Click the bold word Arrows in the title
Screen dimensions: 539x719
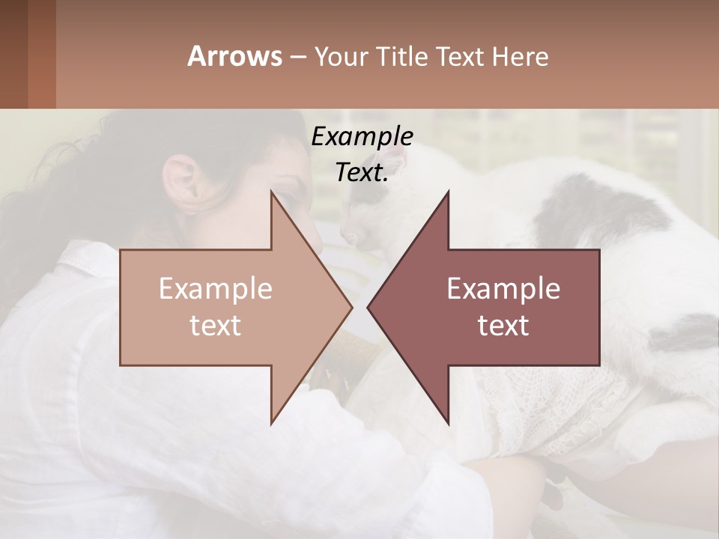pyautogui.click(x=234, y=56)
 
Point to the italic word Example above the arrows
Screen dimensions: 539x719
pyautogui.click(x=362, y=137)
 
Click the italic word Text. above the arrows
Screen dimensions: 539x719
pyautogui.click(x=362, y=173)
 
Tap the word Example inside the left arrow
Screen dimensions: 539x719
pyautogui.click(x=216, y=289)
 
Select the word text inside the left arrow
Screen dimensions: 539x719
pyautogui.click(x=216, y=325)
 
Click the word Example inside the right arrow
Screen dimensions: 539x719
pyautogui.click(x=503, y=289)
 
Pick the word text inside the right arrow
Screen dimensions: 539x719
pyautogui.click(x=503, y=325)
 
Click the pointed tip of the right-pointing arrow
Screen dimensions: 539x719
pyautogui.click(x=351, y=307)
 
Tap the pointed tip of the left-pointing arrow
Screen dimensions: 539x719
pyautogui.click(x=368, y=307)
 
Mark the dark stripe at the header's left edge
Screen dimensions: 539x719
pyautogui.click(x=13, y=54)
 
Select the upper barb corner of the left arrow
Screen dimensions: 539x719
pyautogui.click(x=271, y=191)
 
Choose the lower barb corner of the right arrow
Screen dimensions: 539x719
pyautogui.click(x=448, y=423)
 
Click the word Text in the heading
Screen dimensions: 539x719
pyautogui.click(x=461, y=57)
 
